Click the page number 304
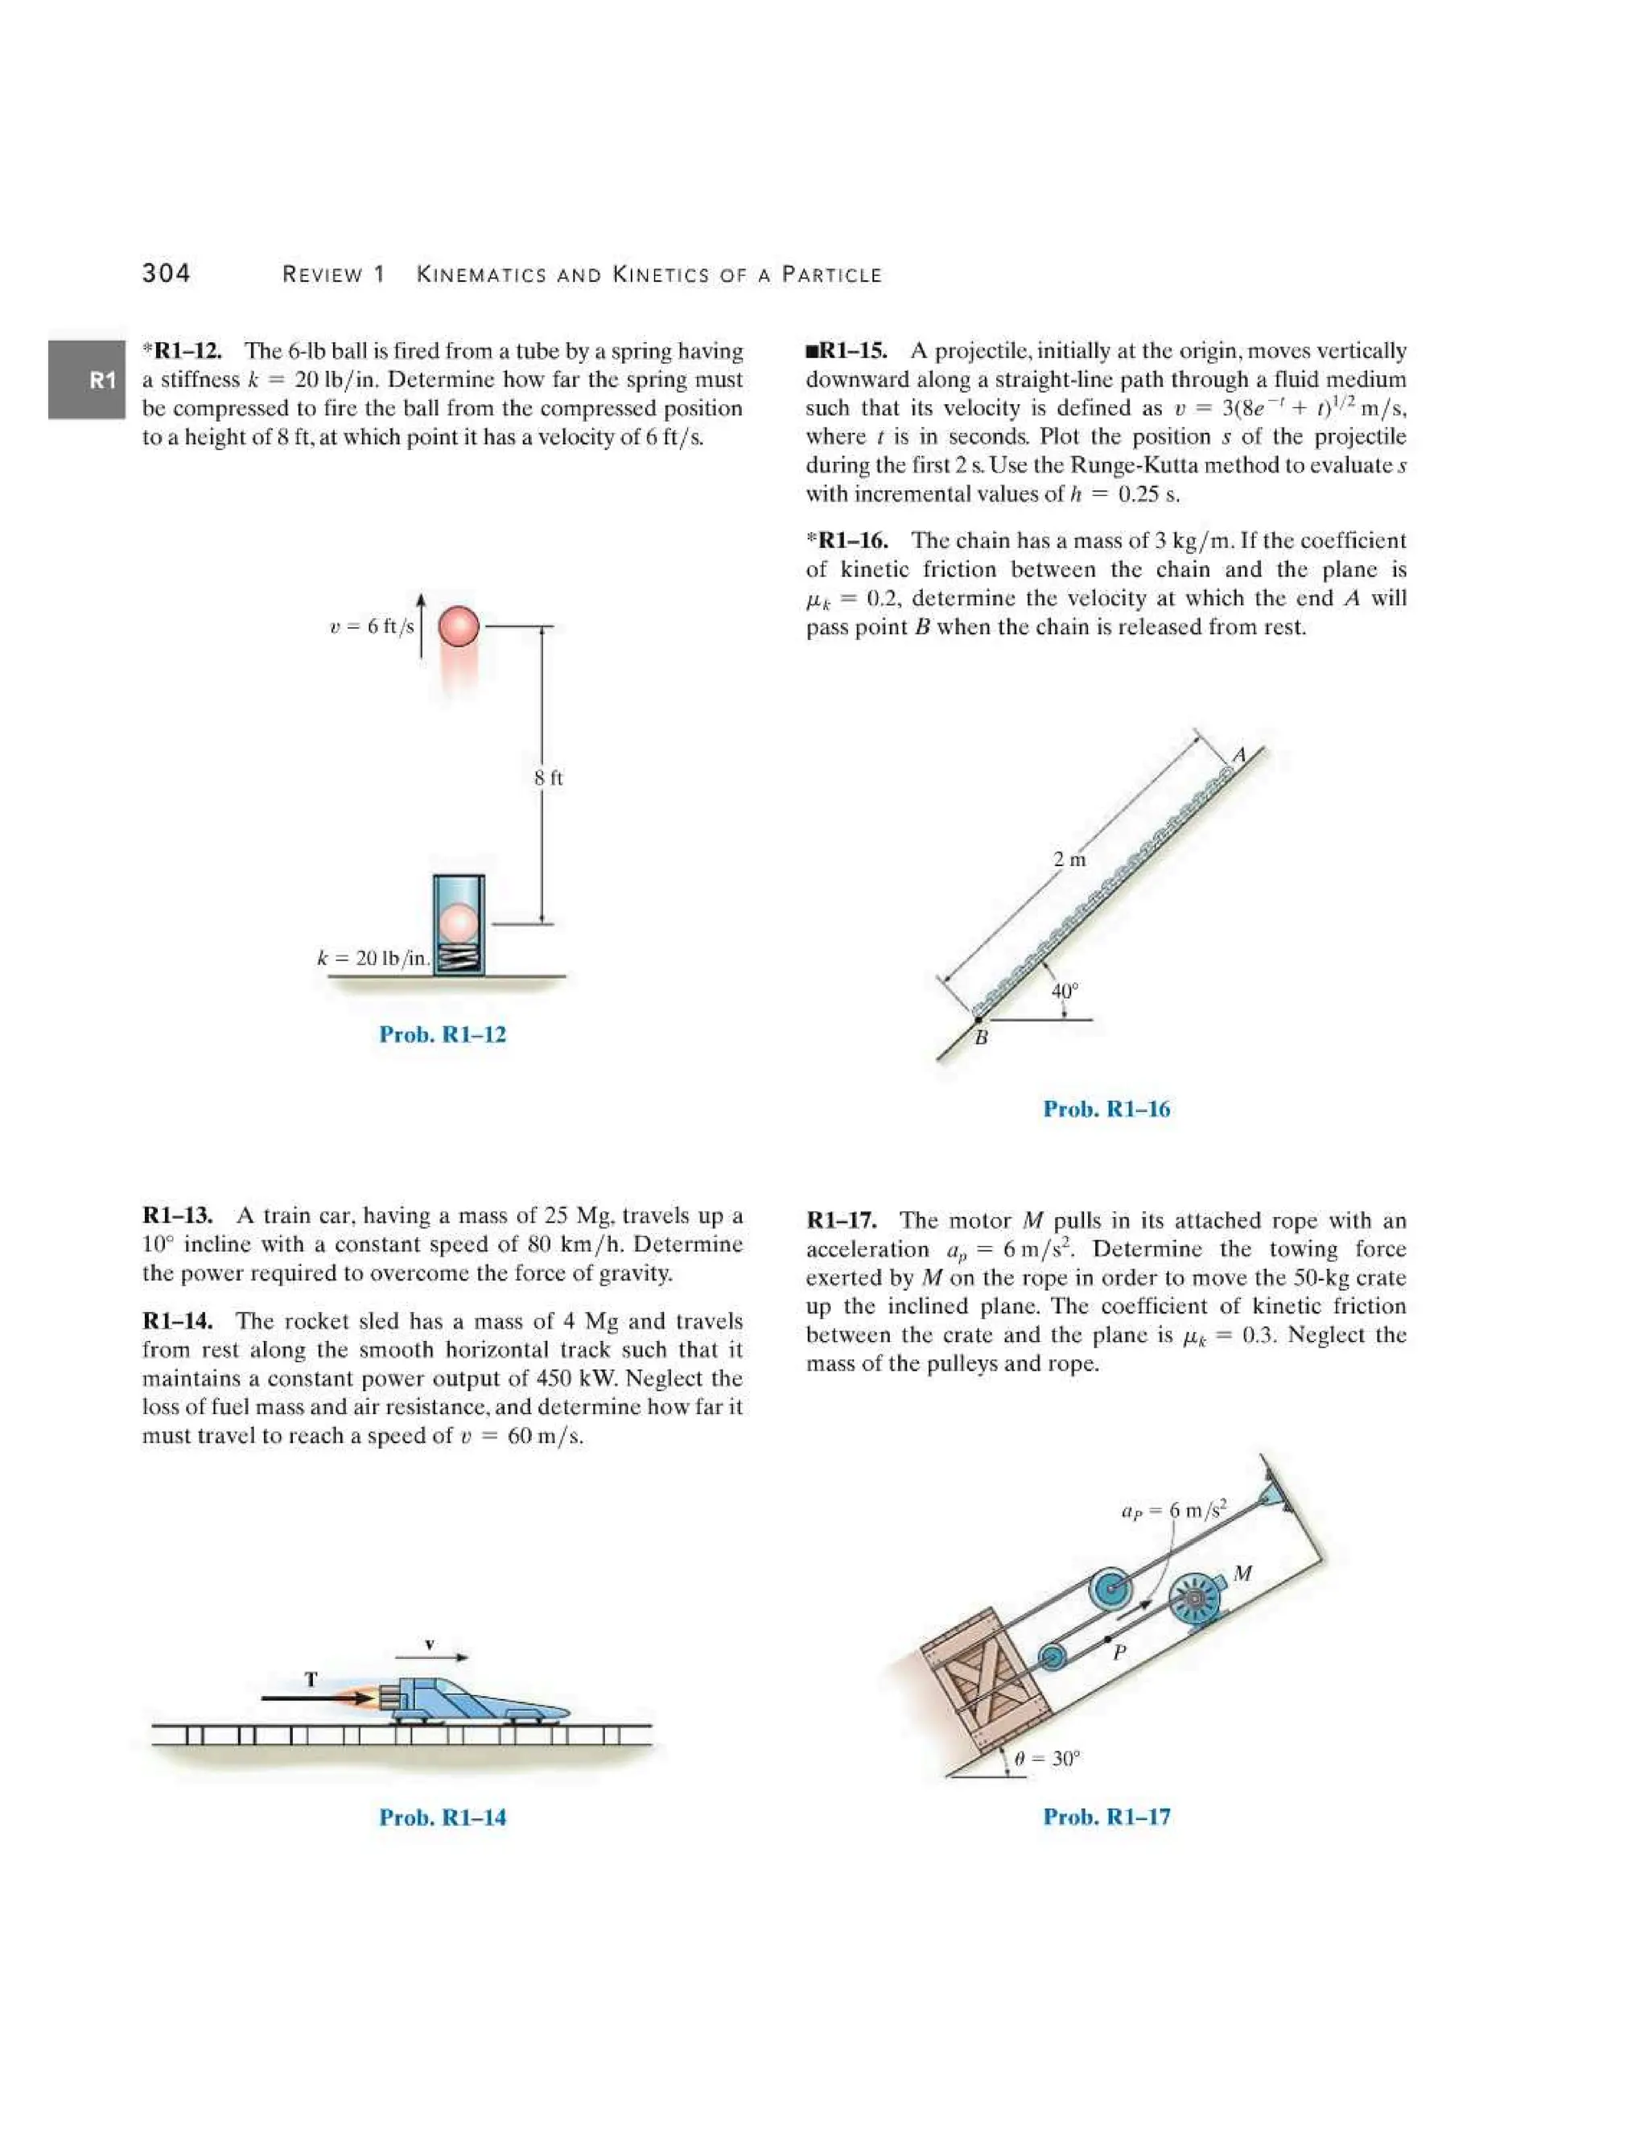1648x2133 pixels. coord(166,273)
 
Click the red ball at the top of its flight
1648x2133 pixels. coord(458,626)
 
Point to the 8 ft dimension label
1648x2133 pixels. coord(549,778)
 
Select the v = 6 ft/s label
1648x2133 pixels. coord(372,626)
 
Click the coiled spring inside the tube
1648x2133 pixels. coord(459,957)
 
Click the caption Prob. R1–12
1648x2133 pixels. coord(443,1034)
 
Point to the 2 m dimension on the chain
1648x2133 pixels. coord(1070,860)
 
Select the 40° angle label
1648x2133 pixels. coord(1064,990)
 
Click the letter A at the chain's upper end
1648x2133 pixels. coord(1239,755)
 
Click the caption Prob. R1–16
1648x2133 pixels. coord(1106,1108)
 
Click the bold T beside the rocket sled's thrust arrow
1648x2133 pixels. coord(311,1680)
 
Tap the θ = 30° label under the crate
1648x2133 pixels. coord(1048,1759)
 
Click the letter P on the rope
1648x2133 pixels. coord(1120,1652)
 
